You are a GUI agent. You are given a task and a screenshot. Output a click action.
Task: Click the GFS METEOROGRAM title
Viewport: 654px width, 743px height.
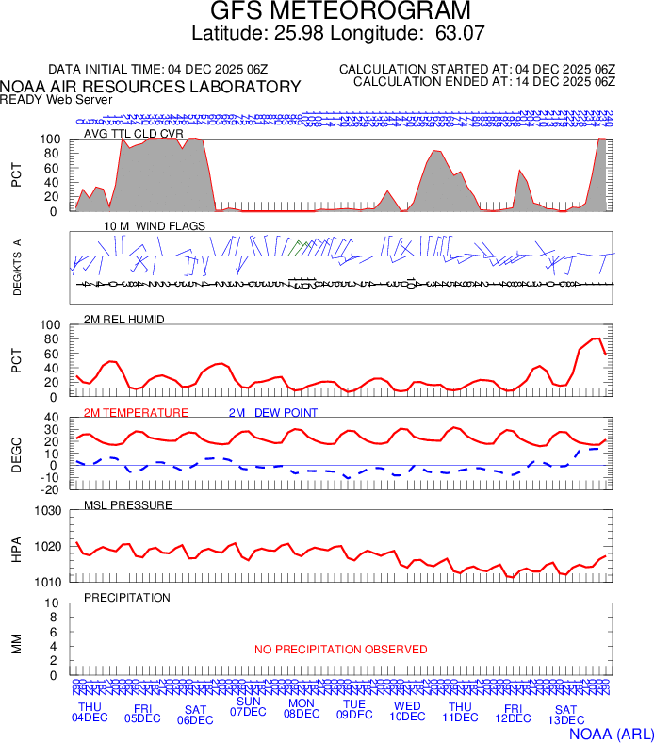coord(327,11)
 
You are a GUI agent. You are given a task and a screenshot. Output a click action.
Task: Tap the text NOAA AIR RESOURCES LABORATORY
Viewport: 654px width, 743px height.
coord(151,87)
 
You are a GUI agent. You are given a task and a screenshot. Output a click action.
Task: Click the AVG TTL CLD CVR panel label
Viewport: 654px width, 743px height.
coord(134,134)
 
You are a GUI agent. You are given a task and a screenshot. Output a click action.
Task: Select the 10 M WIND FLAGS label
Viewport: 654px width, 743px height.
coord(155,226)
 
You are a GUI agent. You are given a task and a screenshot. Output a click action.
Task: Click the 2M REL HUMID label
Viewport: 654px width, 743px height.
coord(124,320)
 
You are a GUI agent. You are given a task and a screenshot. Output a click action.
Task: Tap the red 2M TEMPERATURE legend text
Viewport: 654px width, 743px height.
coord(136,412)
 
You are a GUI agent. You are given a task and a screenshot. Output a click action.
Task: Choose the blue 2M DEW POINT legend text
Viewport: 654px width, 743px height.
coord(273,412)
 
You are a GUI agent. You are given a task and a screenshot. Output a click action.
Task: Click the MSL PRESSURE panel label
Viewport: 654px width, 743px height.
coord(128,505)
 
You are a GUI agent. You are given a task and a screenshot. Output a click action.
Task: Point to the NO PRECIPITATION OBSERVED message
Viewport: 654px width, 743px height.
coord(341,650)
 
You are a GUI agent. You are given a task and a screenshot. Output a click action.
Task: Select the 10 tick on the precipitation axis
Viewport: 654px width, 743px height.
coord(53,603)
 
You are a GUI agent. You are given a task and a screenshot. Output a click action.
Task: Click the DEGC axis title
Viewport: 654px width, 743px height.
coord(16,454)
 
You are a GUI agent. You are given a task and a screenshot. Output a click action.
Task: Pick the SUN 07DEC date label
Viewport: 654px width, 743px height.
coord(248,706)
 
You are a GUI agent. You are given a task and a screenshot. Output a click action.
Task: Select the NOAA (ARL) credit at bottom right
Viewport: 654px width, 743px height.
coord(611,733)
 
